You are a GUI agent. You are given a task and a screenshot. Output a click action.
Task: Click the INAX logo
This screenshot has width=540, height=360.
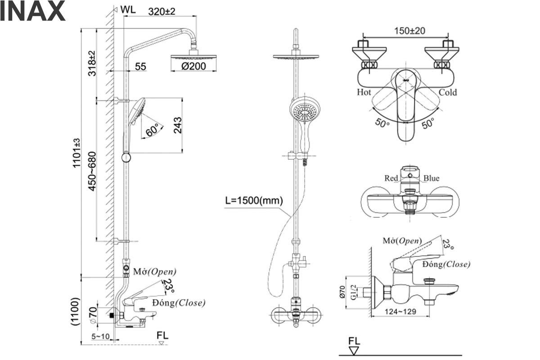[32, 12]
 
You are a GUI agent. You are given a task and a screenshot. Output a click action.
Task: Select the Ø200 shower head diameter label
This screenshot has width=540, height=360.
[193, 67]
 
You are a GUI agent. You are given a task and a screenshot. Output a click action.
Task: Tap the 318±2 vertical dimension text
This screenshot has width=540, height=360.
[92, 63]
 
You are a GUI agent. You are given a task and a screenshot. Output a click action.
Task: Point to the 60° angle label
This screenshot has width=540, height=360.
[152, 130]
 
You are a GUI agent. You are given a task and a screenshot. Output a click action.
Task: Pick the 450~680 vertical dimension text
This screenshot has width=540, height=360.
[92, 171]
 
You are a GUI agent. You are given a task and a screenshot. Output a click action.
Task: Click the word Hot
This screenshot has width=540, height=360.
[364, 92]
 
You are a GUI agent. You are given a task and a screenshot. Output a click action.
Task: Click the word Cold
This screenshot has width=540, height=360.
[447, 92]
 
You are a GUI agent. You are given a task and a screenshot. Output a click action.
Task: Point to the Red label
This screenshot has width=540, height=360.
[391, 178]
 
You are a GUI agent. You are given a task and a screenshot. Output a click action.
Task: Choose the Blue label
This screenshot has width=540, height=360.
[431, 178]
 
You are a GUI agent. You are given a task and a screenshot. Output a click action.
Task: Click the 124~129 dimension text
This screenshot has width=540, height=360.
[400, 312]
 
